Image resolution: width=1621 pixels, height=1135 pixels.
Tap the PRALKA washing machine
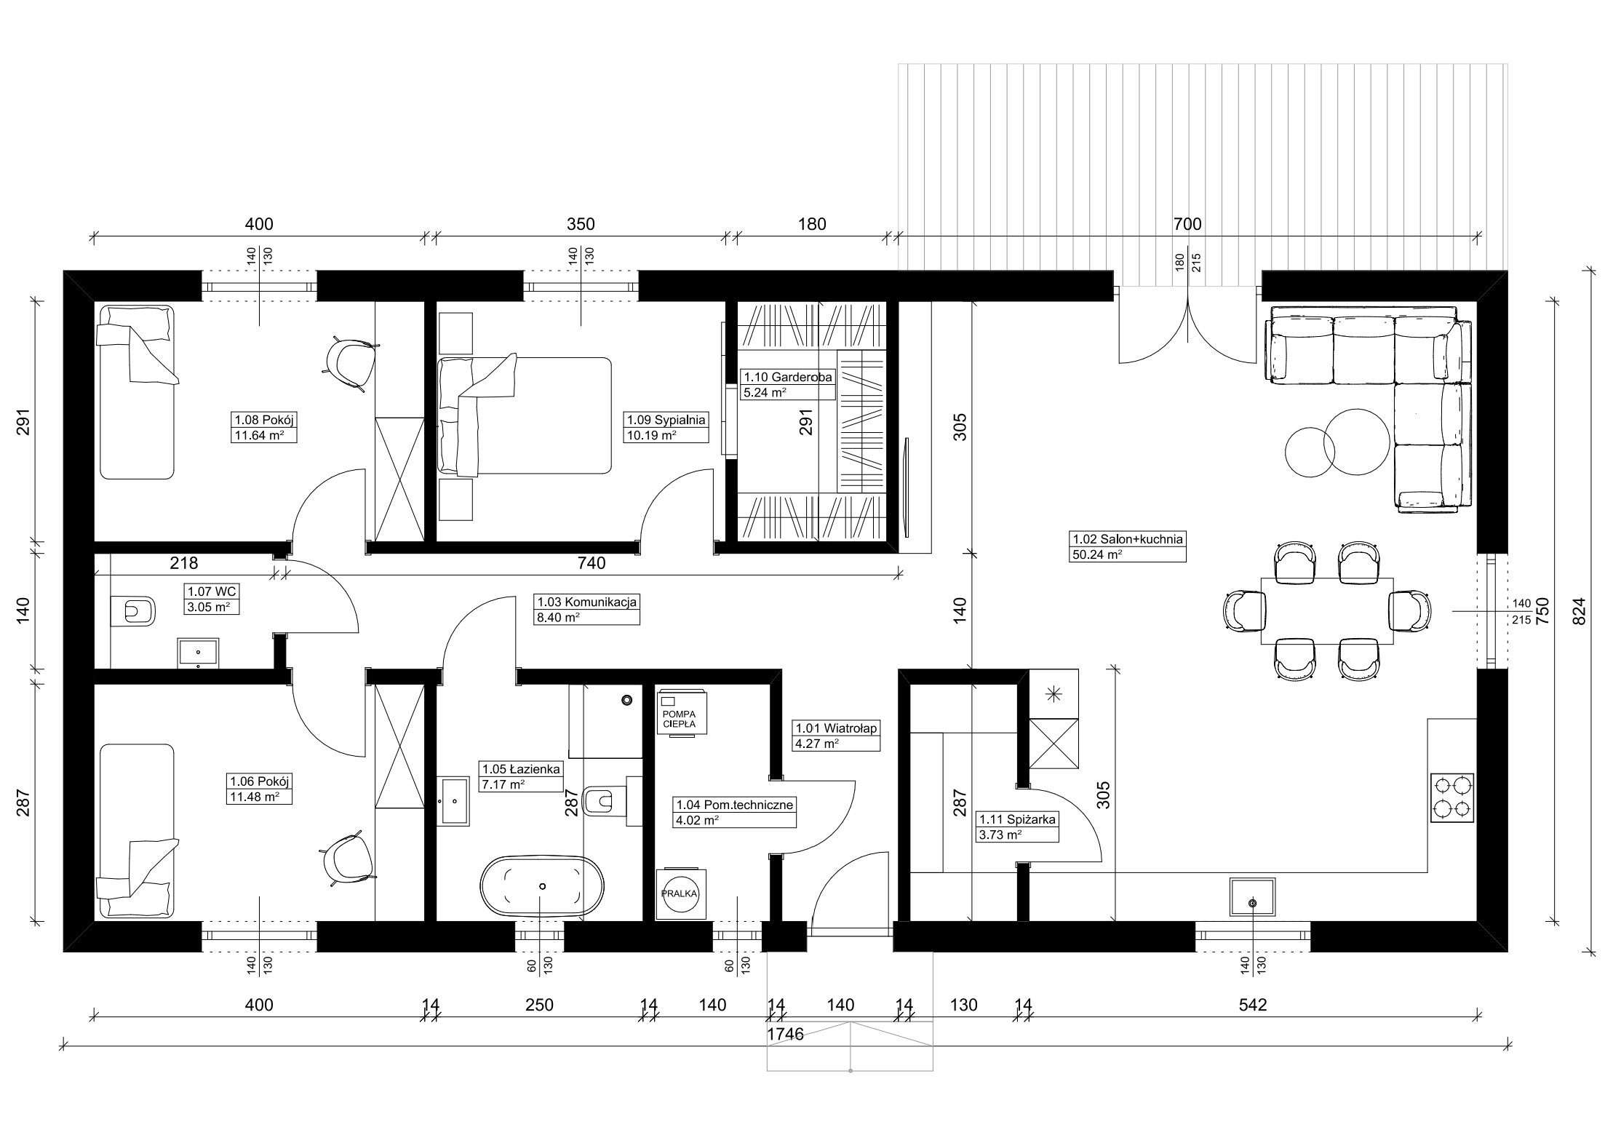(x=681, y=893)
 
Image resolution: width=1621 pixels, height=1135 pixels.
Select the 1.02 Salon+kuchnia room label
(x=1128, y=546)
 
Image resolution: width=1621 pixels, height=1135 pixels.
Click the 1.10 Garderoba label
(x=787, y=385)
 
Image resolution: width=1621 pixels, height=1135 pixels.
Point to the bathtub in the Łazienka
(x=542, y=885)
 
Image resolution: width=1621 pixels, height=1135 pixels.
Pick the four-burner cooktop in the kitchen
(x=1452, y=798)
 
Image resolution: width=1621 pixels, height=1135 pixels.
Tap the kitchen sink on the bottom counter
(x=1252, y=897)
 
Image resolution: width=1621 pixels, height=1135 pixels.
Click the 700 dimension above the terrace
(x=1187, y=224)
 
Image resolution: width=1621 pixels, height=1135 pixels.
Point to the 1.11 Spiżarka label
(x=1017, y=827)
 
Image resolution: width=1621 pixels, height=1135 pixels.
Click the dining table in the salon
(x=1327, y=611)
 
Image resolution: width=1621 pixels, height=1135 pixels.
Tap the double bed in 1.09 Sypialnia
(x=525, y=415)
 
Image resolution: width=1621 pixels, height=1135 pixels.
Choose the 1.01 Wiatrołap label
(x=836, y=736)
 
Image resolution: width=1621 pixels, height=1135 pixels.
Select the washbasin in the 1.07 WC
(x=199, y=653)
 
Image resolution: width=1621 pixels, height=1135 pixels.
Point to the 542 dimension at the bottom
(x=1252, y=1005)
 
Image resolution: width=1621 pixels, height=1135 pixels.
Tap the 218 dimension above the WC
(x=184, y=563)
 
